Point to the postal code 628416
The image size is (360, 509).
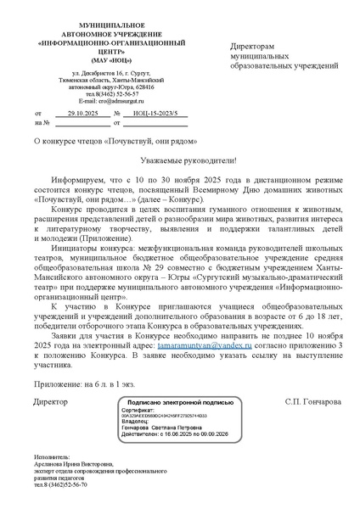tap(143, 87)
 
